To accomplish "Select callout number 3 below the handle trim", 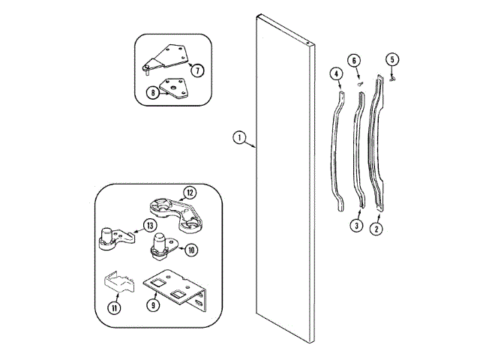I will pyautogui.click(x=357, y=225).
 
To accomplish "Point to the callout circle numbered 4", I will pyautogui.click(x=337, y=73).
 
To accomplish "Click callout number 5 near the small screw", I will pyautogui.click(x=391, y=60).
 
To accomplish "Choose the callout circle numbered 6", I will pyautogui.click(x=353, y=61).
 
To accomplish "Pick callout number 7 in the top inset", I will pyautogui.click(x=197, y=70).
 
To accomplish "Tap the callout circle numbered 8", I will pyautogui.click(x=152, y=94).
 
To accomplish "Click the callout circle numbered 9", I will pyautogui.click(x=153, y=305).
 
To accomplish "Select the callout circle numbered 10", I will pyautogui.click(x=191, y=250).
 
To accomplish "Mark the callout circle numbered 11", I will pyautogui.click(x=114, y=307).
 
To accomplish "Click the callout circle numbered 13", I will pyautogui.click(x=149, y=226).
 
